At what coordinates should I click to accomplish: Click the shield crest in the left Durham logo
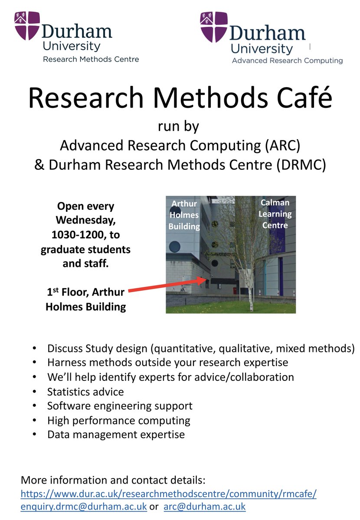click(27, 25)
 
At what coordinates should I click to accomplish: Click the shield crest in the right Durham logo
click(214, 26)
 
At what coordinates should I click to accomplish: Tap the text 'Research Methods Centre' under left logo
click(91, 59)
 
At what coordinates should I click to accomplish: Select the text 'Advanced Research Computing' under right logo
click(287, 61)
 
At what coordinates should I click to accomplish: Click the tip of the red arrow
click(206, 279)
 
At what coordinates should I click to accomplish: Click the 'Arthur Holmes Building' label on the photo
click(184, 215)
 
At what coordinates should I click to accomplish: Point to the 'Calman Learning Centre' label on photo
click(275, 214)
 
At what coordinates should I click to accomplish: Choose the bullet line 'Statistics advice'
click(85, 392)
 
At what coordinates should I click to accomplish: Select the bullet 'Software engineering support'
click(120, 406)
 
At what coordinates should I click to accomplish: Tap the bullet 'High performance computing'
click(119, 420)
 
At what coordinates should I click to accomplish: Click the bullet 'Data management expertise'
click(116, 434)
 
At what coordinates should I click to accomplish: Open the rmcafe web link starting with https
click(168, 494)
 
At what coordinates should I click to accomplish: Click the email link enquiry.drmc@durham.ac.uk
click(85, 506)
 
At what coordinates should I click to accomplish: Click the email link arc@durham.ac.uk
click(204, 506)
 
